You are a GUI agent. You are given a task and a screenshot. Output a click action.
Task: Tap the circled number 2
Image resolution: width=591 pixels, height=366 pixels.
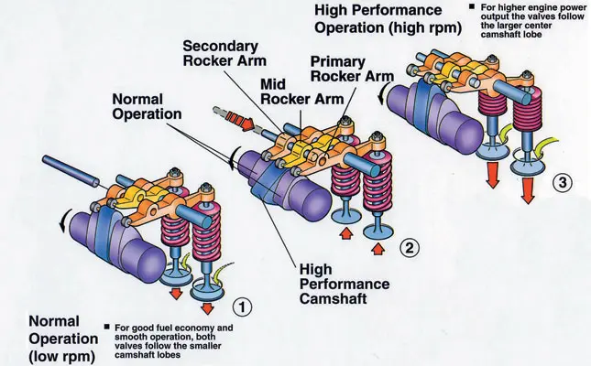click(x=411, y=246)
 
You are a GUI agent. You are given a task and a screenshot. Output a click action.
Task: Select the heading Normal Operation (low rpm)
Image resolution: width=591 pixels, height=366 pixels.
click(x=60, y=337)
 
